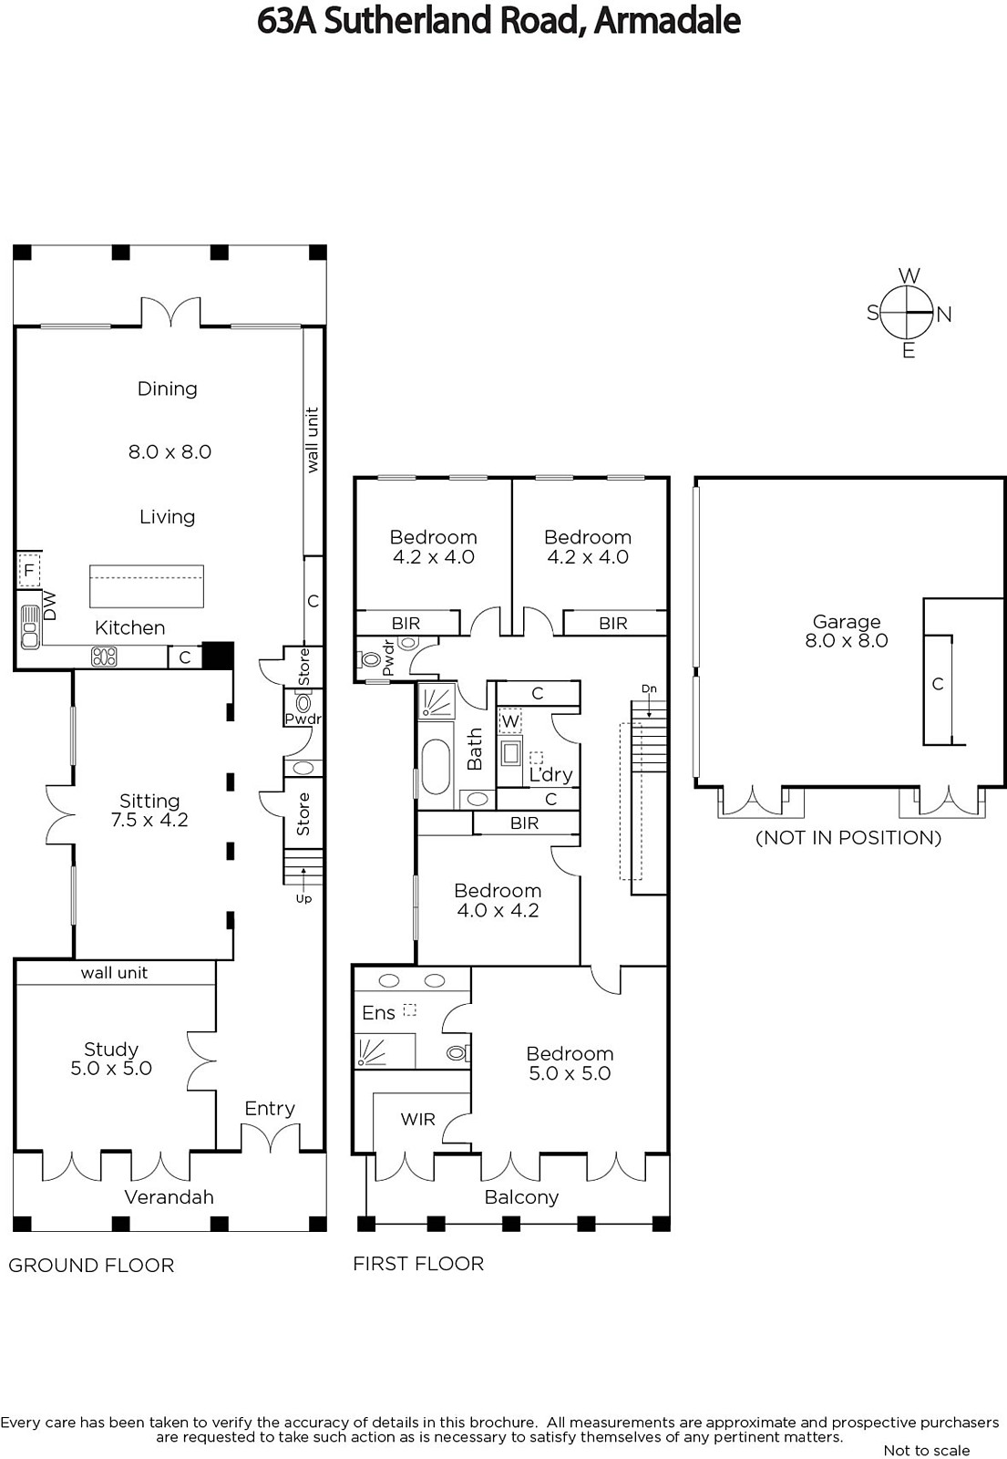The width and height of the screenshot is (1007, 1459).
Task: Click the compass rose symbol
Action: click(909, 313)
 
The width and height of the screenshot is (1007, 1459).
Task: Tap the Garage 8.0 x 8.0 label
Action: click(847, 630)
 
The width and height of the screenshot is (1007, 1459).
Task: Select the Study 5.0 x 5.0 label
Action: click(111, 1059)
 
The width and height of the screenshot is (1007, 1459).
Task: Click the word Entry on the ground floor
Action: click(270, 1108)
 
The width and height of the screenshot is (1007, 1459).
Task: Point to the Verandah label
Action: click(170, 1196)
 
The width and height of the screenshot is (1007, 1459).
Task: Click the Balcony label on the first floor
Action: click(521, 1197)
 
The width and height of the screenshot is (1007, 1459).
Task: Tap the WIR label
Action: click(418, 1119)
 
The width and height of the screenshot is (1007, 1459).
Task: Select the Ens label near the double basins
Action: click(379, 1013)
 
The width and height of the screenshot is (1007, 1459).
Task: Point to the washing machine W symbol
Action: click(511, 721)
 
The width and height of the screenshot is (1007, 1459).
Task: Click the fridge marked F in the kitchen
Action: click(28, 572)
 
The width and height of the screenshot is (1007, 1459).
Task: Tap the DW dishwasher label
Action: click(50, 605)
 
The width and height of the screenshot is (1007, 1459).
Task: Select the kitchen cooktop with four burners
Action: click(104, 657)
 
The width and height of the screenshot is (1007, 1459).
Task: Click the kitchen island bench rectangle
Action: click(147, 586)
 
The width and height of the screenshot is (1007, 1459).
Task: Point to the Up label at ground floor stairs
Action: click(304, 899)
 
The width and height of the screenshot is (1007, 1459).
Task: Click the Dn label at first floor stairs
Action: click(649, 688)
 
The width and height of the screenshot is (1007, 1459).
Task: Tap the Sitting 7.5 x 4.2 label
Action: click(149, 810)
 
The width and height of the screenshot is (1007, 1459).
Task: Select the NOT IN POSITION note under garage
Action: click(848, 838)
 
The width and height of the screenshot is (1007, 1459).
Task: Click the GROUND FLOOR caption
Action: click(91, 1266)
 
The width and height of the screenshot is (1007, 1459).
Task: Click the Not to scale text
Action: click(926, 1450)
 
